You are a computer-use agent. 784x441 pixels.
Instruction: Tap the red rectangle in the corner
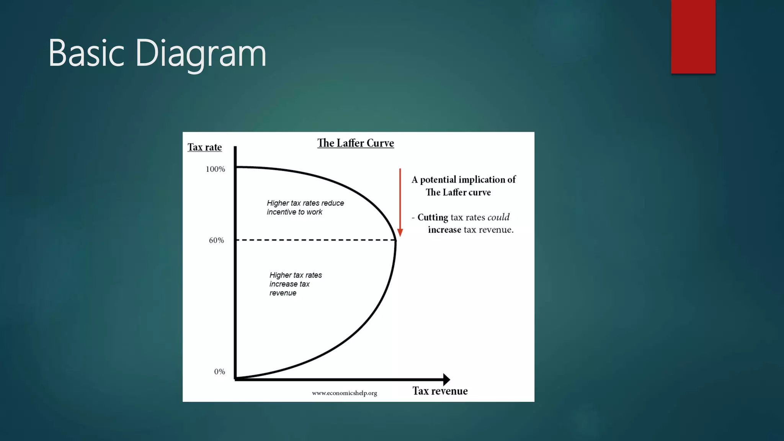[x=693, y=36]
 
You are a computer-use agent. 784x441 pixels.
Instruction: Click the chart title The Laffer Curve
[x=355, y=143]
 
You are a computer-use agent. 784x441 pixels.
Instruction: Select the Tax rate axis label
[x=204, y=147]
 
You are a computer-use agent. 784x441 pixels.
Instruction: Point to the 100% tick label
[x=215, y=169]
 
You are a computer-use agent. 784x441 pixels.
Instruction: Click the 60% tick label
[x=216, y=240]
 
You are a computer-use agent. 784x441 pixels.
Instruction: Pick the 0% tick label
[x=219, y=372]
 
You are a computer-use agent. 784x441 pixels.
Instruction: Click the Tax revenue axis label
[x=440, y=391]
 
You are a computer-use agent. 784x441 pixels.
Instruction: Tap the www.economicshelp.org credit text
[x=344, y=393]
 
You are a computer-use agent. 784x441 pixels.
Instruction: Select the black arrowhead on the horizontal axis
[x=446, y=379]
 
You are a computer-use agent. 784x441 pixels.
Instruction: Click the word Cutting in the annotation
[x=433, y=217]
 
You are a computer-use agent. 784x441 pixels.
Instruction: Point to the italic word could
[x=498, y=217]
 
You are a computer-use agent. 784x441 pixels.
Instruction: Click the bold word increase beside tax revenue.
[x=444, y=230]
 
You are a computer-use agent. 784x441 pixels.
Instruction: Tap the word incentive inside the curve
[x=281, y=212]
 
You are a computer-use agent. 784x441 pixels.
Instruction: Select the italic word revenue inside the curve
[x=283, y=293]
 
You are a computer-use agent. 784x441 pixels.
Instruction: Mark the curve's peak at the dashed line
[x=395, y=240]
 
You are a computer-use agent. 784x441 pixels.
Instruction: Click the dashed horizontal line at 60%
[x=314, y=240]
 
